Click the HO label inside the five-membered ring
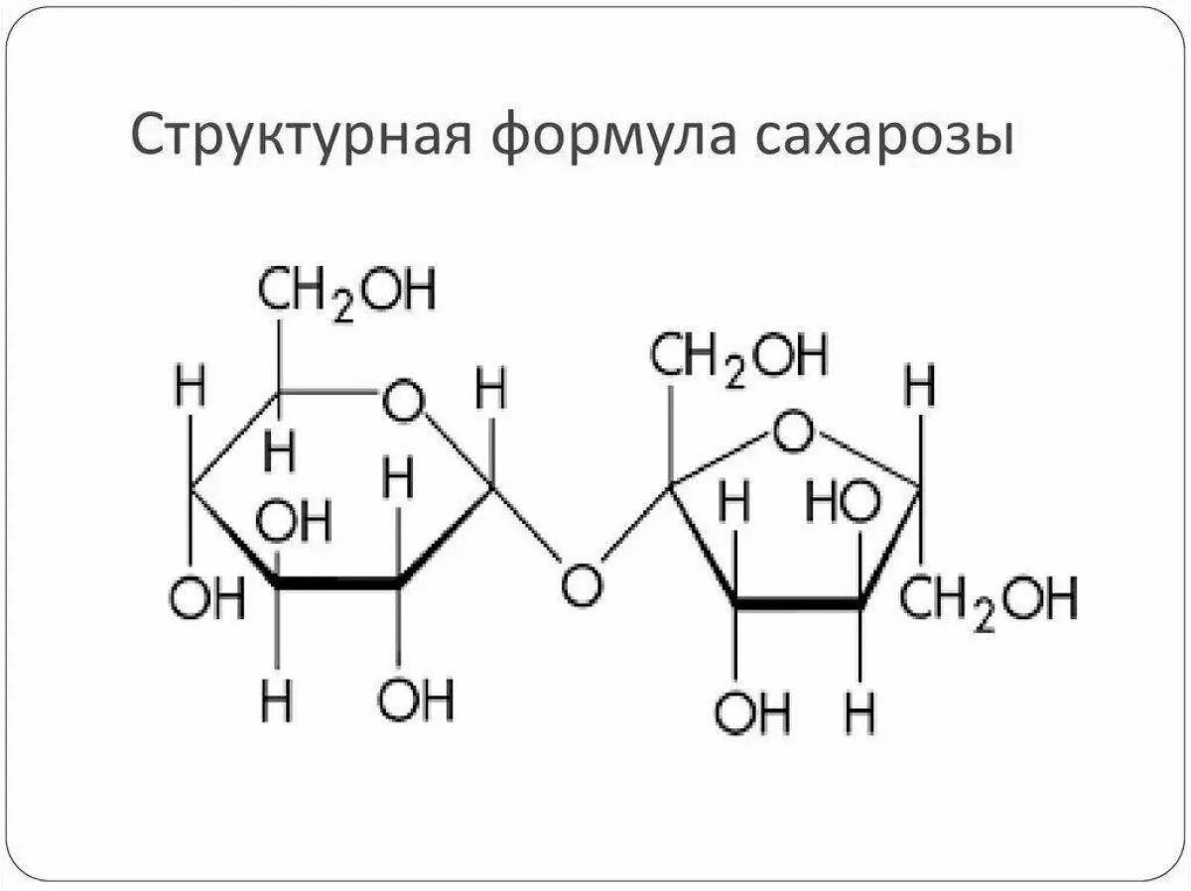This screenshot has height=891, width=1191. [x=843, y=503]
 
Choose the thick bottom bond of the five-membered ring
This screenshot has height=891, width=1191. [x=797, y=603]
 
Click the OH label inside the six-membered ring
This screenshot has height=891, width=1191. [x=294, y=522]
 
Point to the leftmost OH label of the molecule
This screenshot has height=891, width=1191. [x=207, y=601]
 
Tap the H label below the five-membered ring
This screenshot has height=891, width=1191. [x=860, y=713]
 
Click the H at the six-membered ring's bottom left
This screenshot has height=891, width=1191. [x=278, y=702]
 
